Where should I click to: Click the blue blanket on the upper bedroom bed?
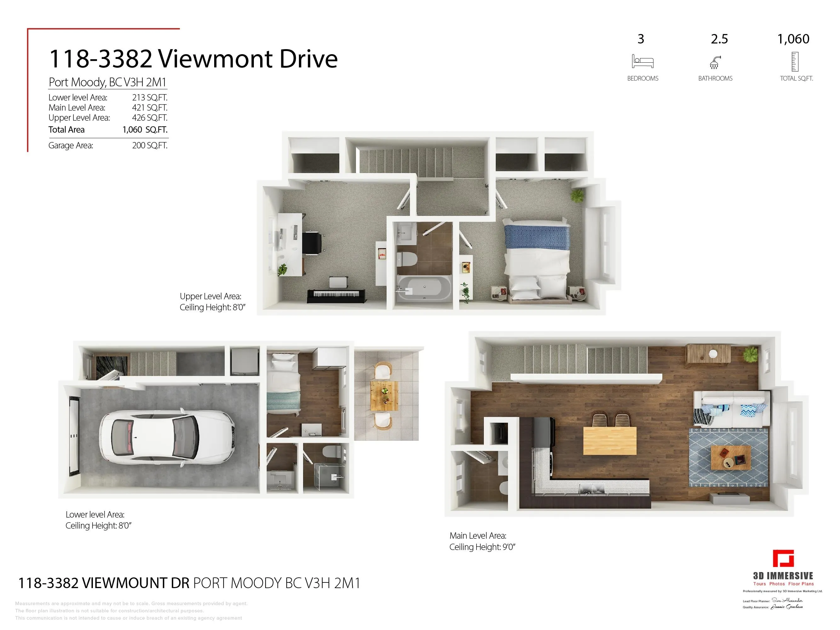tap(537, 237)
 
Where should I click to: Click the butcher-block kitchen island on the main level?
tap(609, 440)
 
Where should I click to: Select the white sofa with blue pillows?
tap(731, 410)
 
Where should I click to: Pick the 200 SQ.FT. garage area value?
tap(150, 146)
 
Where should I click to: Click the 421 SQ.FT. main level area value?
tap(150, 107)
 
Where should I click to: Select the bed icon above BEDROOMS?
tap(642, 61)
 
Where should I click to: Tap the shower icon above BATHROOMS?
tap(715, 62)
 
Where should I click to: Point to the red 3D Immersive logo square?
tap(783, 558)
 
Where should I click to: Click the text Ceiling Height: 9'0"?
tap(482, 547)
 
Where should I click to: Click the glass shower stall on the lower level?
tap(329, 477)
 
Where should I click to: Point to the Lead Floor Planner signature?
tap(787, 600)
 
